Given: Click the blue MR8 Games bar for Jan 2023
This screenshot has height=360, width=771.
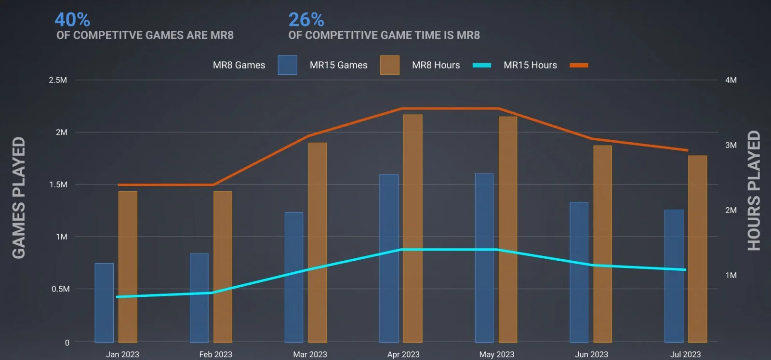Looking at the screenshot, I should click(104, 303).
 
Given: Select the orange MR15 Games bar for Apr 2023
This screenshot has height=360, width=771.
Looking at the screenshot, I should click(412, 228).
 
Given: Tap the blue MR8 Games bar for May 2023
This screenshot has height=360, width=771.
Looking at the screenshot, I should click(484, 258).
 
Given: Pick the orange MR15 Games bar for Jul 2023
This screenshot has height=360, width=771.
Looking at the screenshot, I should click(697, 249).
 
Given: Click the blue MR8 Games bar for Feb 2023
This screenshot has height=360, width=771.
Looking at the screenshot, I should click(199, 298).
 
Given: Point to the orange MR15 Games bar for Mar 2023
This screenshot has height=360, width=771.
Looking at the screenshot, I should click(318, 242).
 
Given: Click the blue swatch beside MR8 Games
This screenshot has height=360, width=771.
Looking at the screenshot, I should click(287, 65).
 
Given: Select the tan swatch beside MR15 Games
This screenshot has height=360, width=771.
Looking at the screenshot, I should click(389, 65).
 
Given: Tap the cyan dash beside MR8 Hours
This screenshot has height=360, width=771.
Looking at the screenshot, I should click(482, 65).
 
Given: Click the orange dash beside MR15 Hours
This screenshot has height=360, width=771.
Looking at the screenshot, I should click(579, 65).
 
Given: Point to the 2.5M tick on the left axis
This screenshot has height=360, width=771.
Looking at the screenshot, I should click(58, 80).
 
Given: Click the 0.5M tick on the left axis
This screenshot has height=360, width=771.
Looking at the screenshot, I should click(61, 289).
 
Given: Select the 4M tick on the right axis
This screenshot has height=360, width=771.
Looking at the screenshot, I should click(731, 80).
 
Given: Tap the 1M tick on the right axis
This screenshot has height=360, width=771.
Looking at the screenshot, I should click(731, 275).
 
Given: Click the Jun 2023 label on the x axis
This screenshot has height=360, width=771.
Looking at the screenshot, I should click(591, 354).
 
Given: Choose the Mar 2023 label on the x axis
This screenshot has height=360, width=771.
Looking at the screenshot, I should click(310, 354).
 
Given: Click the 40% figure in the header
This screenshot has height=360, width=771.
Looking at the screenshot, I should click(72, 20).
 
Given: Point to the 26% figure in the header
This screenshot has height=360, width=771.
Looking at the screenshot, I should click(306, 20).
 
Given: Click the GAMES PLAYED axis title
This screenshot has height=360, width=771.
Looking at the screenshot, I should click(19, 198).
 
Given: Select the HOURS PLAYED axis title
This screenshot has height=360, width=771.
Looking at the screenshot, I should click(754, 191).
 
